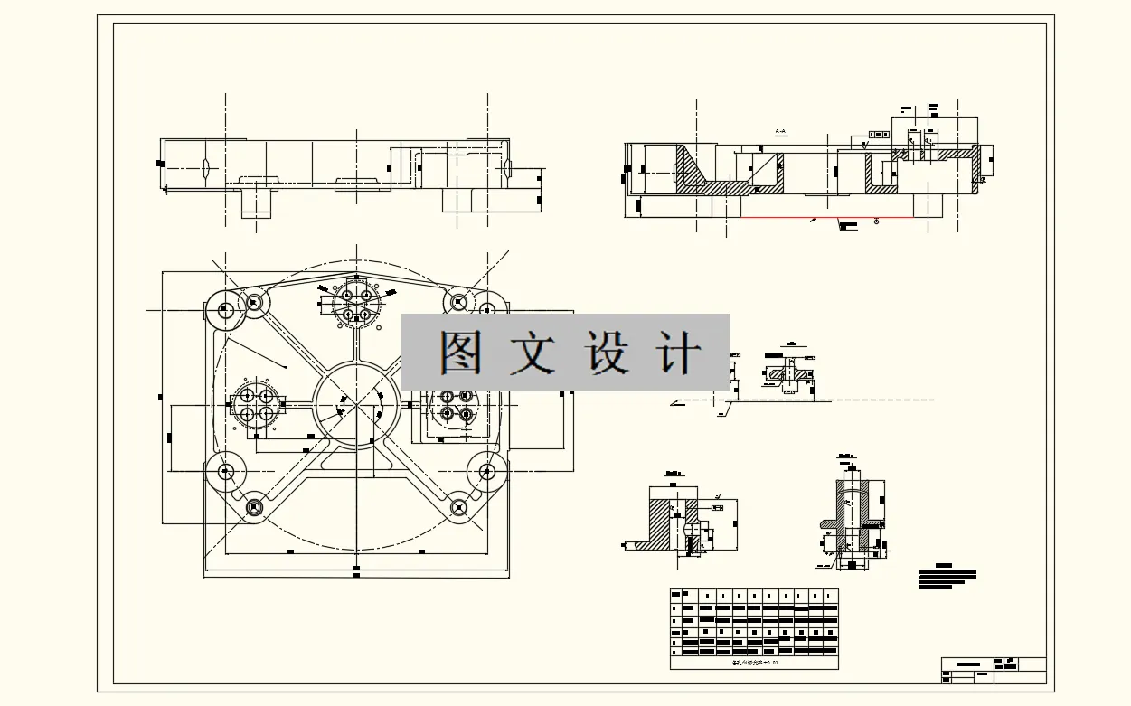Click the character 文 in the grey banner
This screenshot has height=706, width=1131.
pos(533,353)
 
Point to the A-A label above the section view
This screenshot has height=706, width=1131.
pos(782,132)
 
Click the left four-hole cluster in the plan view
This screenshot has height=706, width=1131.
pos(256,404)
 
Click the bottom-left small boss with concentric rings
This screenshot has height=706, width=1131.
pos(254,508)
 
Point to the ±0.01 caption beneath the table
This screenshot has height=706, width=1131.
pos(755,663)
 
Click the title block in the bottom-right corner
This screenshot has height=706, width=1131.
pos(993,670)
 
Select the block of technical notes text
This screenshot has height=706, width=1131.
pos(947,578)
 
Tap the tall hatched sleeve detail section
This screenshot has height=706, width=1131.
pos(853,515)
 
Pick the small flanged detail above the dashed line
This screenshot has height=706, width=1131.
pos(790,372)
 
